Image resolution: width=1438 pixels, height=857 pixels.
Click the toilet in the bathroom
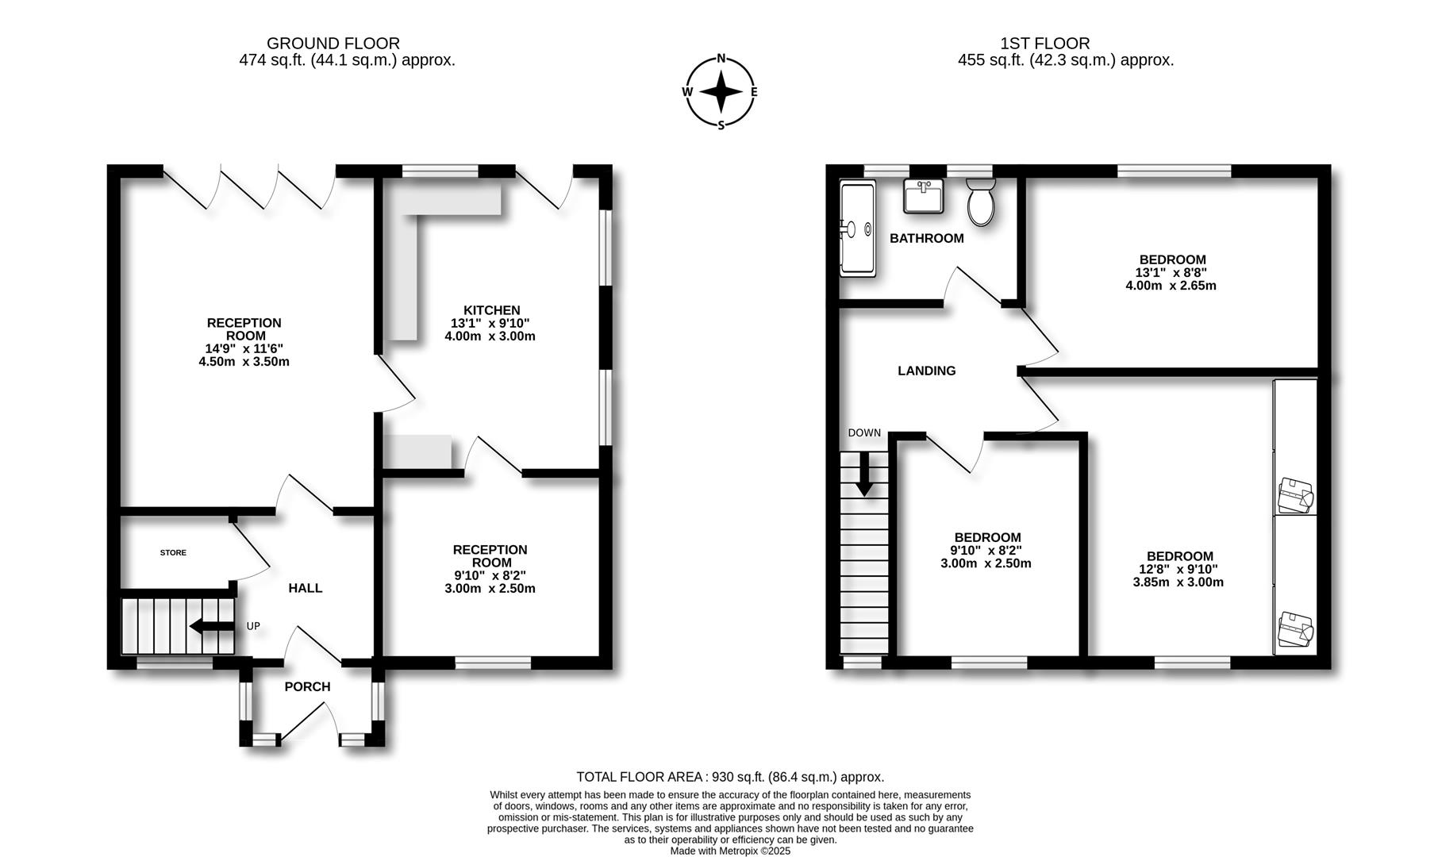(982, 203)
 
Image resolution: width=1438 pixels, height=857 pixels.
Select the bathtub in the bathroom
(858, 229)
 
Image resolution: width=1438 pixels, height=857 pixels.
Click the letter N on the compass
(721, 58)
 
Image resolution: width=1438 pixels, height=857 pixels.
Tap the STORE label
(173, 552)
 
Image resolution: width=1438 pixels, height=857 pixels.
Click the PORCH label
(307, 686)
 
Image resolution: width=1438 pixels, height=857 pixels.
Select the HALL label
(305, 588)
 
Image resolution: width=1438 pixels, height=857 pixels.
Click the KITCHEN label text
(491, 310)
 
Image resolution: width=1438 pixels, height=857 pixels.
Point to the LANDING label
(926, 371)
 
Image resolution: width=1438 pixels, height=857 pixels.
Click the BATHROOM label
(926, 238)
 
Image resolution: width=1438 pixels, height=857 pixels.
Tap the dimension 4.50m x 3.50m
(244, 362)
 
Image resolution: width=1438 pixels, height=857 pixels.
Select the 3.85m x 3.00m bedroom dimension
(1178, 582)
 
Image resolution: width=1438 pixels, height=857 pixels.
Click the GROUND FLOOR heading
(333, 44)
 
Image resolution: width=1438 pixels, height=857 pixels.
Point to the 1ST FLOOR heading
(1044, 44)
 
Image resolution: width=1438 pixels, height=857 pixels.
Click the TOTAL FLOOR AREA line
(729, 777)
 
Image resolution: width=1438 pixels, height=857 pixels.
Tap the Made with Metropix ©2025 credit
(730, 851)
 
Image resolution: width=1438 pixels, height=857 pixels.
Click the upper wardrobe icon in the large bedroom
(1295, 496)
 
